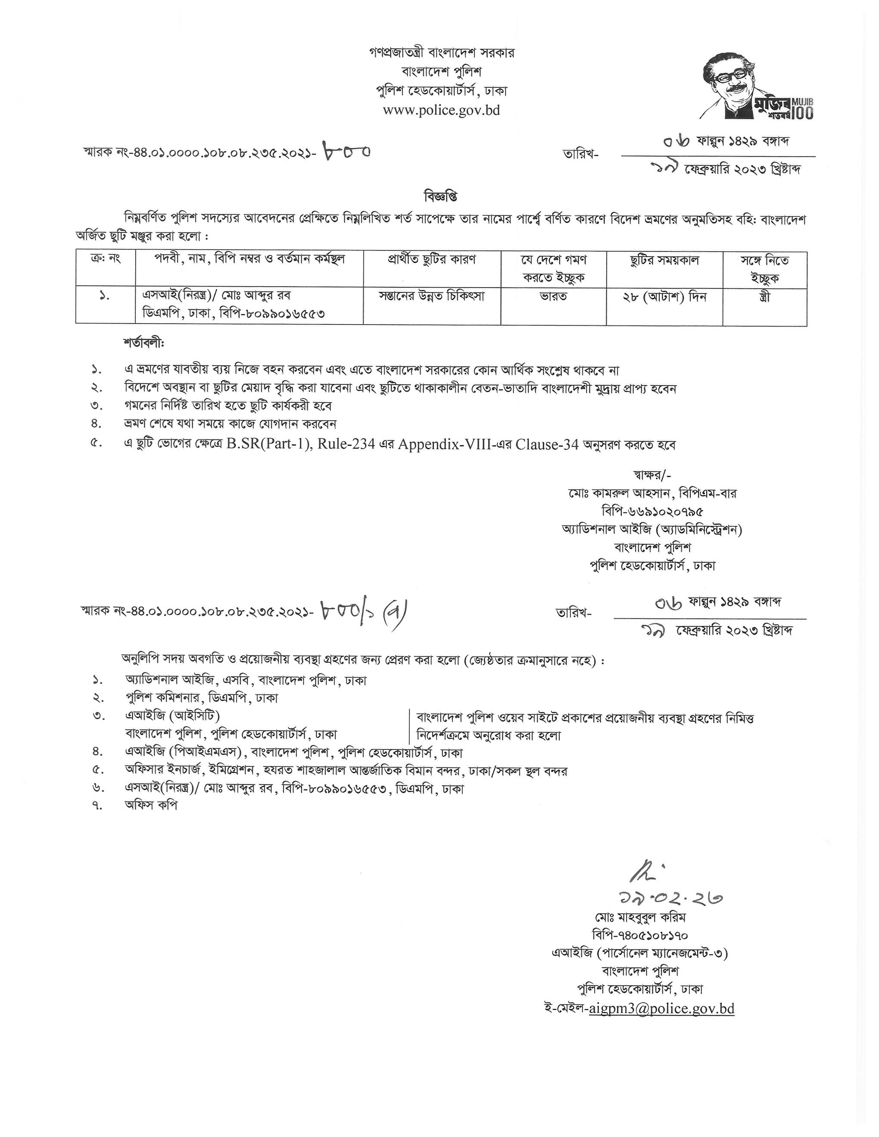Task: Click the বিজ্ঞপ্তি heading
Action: [x=440, y=197]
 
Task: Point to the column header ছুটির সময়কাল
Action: [x=664, y=260]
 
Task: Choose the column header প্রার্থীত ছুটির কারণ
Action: [x=432, y=260]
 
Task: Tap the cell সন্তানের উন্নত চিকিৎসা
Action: [x=432, y=297]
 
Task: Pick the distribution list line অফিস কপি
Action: [x=151, y=805]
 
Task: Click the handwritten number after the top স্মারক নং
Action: [x=347, y=152]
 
